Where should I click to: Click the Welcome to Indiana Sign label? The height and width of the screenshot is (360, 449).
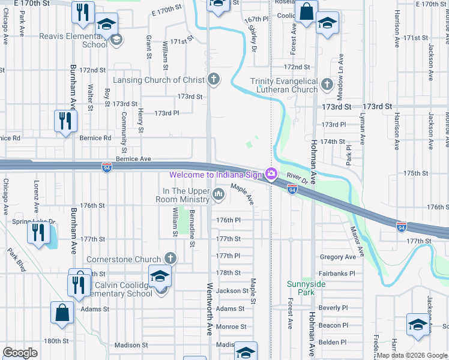pos(217,175)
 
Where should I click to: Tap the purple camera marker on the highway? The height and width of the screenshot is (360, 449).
pos(272,174)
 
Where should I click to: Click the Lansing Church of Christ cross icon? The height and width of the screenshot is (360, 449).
pos(214,79)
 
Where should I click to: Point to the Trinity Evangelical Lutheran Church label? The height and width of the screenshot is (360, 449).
pos(284,85)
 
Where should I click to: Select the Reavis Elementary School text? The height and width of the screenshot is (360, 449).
pos(74,40)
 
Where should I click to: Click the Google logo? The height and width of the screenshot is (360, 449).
pos(20,352)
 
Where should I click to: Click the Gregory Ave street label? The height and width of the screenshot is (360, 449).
pos(339,257)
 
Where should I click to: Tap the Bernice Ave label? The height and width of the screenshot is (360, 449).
pos(133,159)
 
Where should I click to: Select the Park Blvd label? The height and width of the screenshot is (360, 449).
pos(18,259)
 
